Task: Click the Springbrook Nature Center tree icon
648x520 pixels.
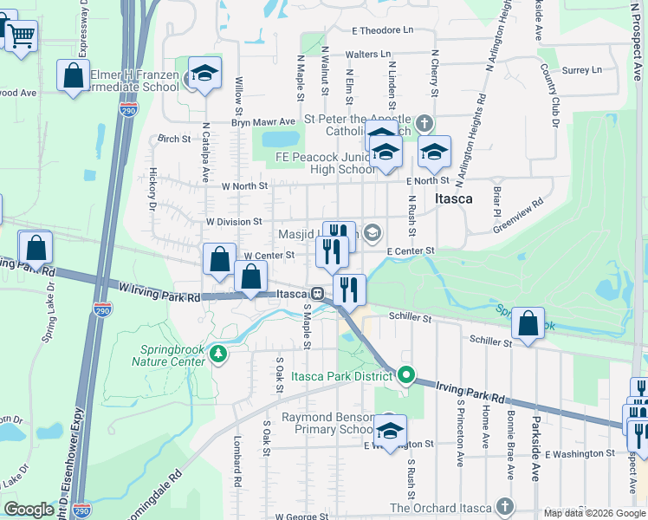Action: tap(219, 353)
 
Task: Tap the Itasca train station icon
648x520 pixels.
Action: tap(318, 294)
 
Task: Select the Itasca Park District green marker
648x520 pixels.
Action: tap(406, 376)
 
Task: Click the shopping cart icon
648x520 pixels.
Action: tap(22, 36)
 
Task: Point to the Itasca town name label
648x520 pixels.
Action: tap(454, 198)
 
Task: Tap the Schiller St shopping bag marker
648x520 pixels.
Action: tap(528, 324)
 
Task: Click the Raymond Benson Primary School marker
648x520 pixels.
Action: tap(390, 430)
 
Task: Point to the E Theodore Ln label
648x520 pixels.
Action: tap(382, 30)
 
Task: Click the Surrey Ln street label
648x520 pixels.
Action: tap(581, 70)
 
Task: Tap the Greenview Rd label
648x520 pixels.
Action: tap(518, 215)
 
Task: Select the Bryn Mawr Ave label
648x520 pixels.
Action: tap(263, 122)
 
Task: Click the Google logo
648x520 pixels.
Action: tap(29, 510)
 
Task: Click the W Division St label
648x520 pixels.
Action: tap(233, 222)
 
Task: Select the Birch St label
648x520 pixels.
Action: tap(173, 139)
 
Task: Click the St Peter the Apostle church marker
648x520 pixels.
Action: tap(424, 122)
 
